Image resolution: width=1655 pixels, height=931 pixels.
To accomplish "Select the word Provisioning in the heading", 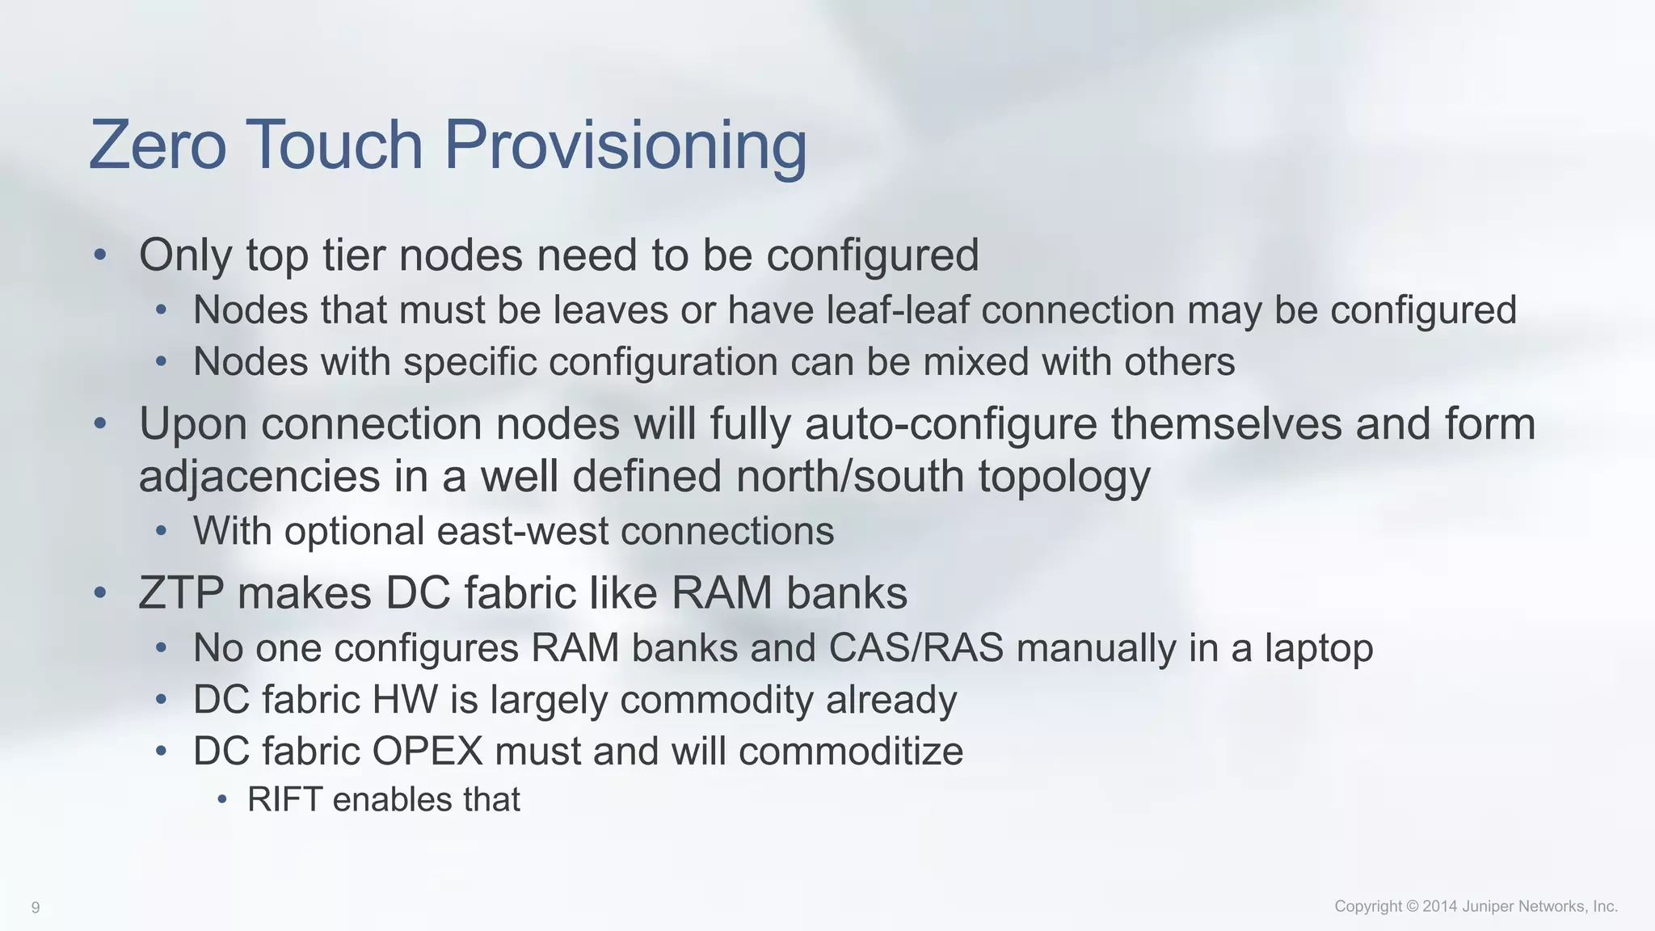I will click(x=625, y=146).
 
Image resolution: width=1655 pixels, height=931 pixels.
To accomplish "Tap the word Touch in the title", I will click(x=334, y=145).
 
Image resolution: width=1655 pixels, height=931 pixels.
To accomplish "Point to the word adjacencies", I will click(x=259, y=477).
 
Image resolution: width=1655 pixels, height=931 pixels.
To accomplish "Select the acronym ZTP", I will click(x=181, y=593).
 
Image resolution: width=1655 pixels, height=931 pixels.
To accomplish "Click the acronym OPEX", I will click(x=427, y=752).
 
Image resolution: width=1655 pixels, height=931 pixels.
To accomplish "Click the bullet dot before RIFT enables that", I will click(x=223, y=800).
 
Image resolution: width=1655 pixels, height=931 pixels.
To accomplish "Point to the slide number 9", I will click(x=36, y=908).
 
